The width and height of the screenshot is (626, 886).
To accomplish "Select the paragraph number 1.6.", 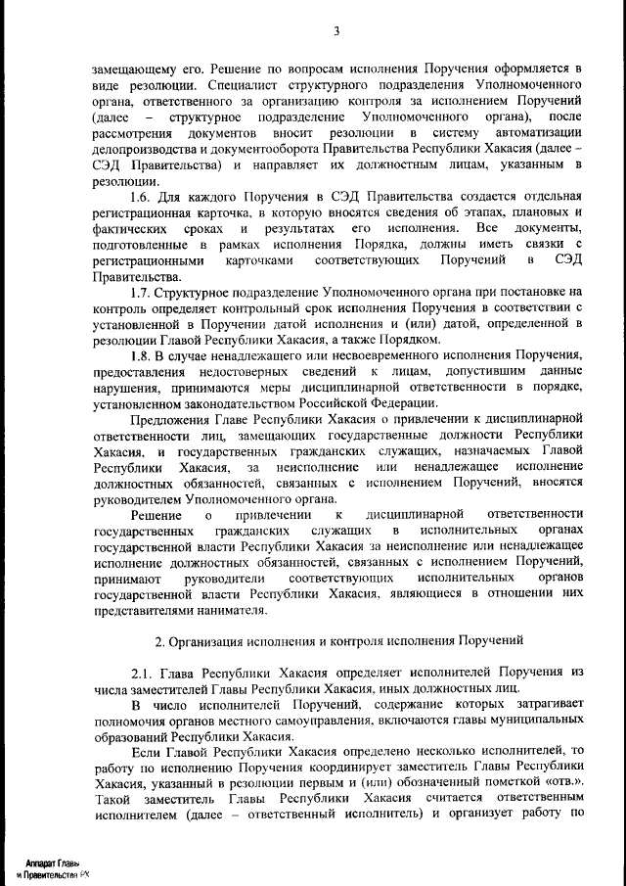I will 142,199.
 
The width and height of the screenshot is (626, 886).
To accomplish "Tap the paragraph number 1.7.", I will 142,293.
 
